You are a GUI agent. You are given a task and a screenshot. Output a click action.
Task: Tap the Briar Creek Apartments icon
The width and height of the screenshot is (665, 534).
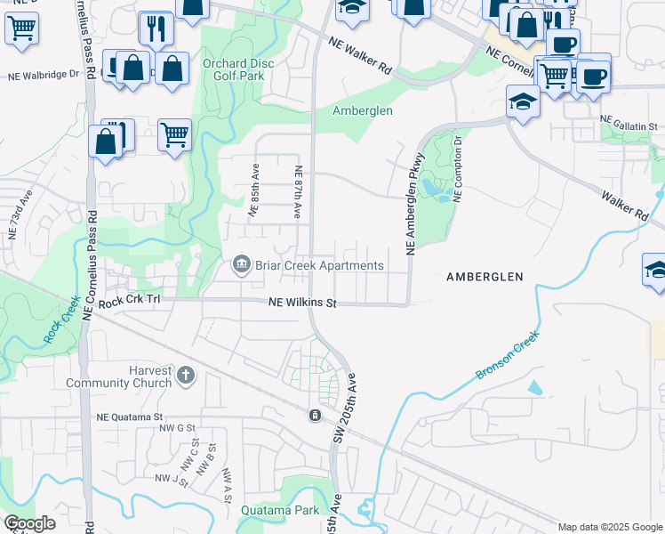click(240, 265)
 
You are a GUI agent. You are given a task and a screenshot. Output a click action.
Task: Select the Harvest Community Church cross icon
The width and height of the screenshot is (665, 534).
click(186, 376)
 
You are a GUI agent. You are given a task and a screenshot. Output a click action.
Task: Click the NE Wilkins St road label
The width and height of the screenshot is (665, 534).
click(303, 303)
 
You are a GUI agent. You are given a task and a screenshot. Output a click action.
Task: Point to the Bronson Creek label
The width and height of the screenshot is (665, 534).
click(508, 358)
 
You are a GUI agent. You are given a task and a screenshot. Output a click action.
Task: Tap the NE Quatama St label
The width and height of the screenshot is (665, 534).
click(130, 417)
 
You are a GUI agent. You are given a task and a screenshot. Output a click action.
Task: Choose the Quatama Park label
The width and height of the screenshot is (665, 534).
click(279, 511)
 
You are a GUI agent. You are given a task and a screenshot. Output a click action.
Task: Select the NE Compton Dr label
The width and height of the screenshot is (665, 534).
click(458, 168)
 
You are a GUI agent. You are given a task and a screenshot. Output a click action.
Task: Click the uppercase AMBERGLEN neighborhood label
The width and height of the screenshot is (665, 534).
click(484, 277)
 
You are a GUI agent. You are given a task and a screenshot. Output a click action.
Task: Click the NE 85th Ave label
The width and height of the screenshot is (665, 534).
click(253, 190)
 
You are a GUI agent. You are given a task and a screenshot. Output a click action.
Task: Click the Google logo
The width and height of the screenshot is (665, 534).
click(29, 523)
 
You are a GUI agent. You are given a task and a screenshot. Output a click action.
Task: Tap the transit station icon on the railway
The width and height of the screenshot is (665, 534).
click(314, 416)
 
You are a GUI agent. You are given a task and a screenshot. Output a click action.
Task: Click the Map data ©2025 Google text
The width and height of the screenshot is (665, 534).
click(609, 527)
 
